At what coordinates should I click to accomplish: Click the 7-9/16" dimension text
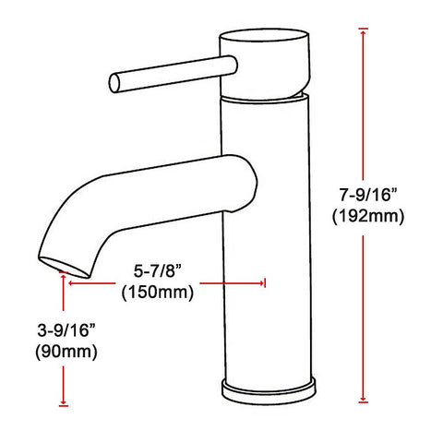[x=368, y=195]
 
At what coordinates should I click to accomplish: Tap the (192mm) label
[x=368, y=216]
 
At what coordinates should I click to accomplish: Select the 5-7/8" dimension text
[x=157, y=271]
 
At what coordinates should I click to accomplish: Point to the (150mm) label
[x=158, y=292]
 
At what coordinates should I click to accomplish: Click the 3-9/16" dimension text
[x=66, y=330]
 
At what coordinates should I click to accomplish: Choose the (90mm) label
[x=66, y=351]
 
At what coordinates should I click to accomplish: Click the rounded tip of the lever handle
[x=114, y=83]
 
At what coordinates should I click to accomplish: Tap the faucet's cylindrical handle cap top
[x=264, y=36]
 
